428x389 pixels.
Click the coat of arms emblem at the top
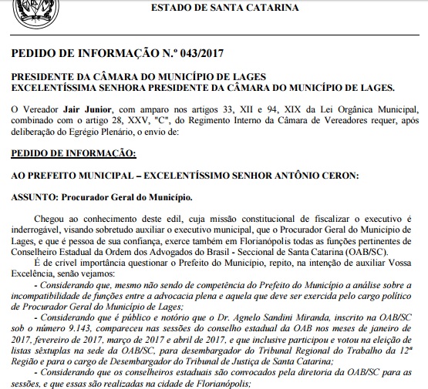[x=22, y=8]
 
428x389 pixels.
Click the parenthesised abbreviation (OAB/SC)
[x=388, y=251]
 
